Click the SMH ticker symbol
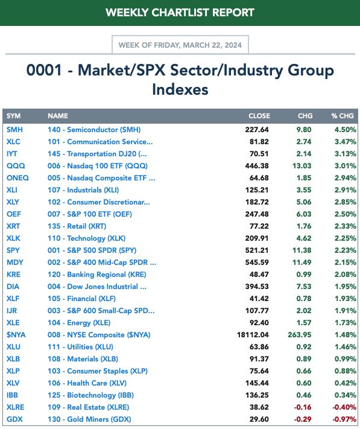tap(14, 129)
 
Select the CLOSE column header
tap(259, 116)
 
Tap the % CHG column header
tap(343, 116)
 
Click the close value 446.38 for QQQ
tap(257, 166)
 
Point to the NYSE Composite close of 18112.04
tap(253, 335)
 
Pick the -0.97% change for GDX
tap(344, 419)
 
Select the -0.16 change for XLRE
tap(303, 407)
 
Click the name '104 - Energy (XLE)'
tap(79, 323)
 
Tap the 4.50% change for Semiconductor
tap(346, 129)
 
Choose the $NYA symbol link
tap(16, 335)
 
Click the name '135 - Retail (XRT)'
tap(77, 226)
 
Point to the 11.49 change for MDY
tap(302, 262)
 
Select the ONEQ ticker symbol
tap(17, 178)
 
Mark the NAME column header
tap(58, 116)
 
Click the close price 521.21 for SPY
tap(257, 250)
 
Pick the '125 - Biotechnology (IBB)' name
tap(90, 395)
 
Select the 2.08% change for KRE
tap(346, 275)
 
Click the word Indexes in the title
tap(180, 89)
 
